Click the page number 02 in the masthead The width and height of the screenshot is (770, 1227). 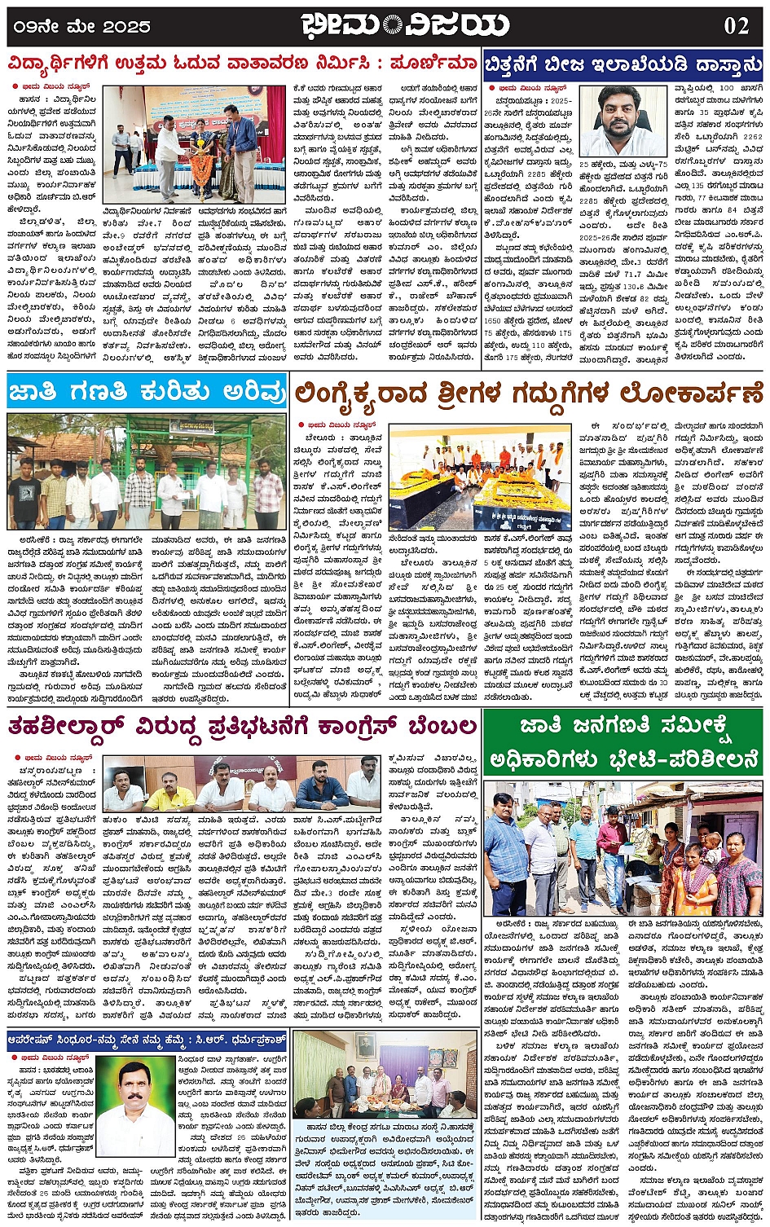pos(736,25)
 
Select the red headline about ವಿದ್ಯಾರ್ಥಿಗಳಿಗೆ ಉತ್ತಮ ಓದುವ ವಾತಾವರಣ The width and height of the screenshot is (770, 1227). pos(242,64)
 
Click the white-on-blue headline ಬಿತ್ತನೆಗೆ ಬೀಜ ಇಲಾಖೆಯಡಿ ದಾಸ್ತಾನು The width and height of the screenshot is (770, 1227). pos(623,64)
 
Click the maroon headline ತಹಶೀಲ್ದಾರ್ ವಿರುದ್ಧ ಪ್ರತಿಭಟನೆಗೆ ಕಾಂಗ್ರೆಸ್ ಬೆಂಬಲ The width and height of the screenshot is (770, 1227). pos(242,726)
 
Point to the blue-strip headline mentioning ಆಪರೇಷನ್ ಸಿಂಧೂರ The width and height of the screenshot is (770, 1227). pos(147,1040)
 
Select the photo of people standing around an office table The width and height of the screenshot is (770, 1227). pos(385,1085)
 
